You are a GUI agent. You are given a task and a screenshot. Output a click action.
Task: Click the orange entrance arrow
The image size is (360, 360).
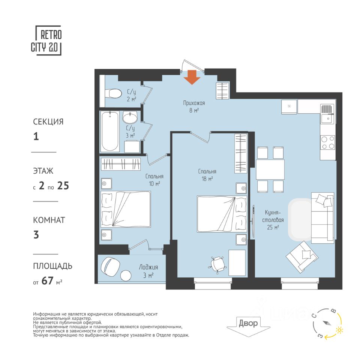click(x=192, y=77)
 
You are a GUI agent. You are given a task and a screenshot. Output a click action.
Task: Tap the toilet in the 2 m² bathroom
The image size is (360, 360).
click(x=113, y=93)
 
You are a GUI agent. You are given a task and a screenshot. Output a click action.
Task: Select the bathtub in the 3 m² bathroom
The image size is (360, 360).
click(x=110, y=131)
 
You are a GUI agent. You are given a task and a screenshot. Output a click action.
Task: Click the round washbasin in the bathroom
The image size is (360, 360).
click(x=130, y=117)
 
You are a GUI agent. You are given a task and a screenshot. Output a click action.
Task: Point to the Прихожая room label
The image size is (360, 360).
click(x=194, y=103)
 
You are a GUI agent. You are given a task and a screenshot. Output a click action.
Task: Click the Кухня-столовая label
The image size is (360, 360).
click(x=273, y=216)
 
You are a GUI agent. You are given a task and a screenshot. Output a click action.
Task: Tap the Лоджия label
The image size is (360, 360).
click(x=148, y=267)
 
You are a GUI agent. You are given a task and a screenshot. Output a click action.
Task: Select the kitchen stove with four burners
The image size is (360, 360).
click(x=328, y=142)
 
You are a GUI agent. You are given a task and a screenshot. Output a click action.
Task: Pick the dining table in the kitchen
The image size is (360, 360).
click(x=270, y=169)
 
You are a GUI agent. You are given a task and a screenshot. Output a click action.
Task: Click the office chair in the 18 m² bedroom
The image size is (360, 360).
click(x=217, y=264)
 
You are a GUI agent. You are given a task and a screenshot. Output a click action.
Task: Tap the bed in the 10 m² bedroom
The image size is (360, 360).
click(x=126, y=209)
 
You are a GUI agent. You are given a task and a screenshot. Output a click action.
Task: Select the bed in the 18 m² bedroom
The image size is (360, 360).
click(x=222, y=214)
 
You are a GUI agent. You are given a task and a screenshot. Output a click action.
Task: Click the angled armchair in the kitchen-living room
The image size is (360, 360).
click(x=301, y=257)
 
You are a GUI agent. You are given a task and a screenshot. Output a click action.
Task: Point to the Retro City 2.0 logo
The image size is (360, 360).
click(x=46, y=40)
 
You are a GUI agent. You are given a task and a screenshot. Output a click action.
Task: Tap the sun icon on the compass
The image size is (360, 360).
click(x=339, y=330)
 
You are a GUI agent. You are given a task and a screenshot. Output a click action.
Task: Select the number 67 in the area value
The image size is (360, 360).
click(x=48, y=280)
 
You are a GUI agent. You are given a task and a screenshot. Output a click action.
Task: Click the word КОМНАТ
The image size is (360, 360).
click(x=49, y=220)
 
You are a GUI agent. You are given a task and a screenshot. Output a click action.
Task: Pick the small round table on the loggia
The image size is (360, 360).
click(x=126, y=275)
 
